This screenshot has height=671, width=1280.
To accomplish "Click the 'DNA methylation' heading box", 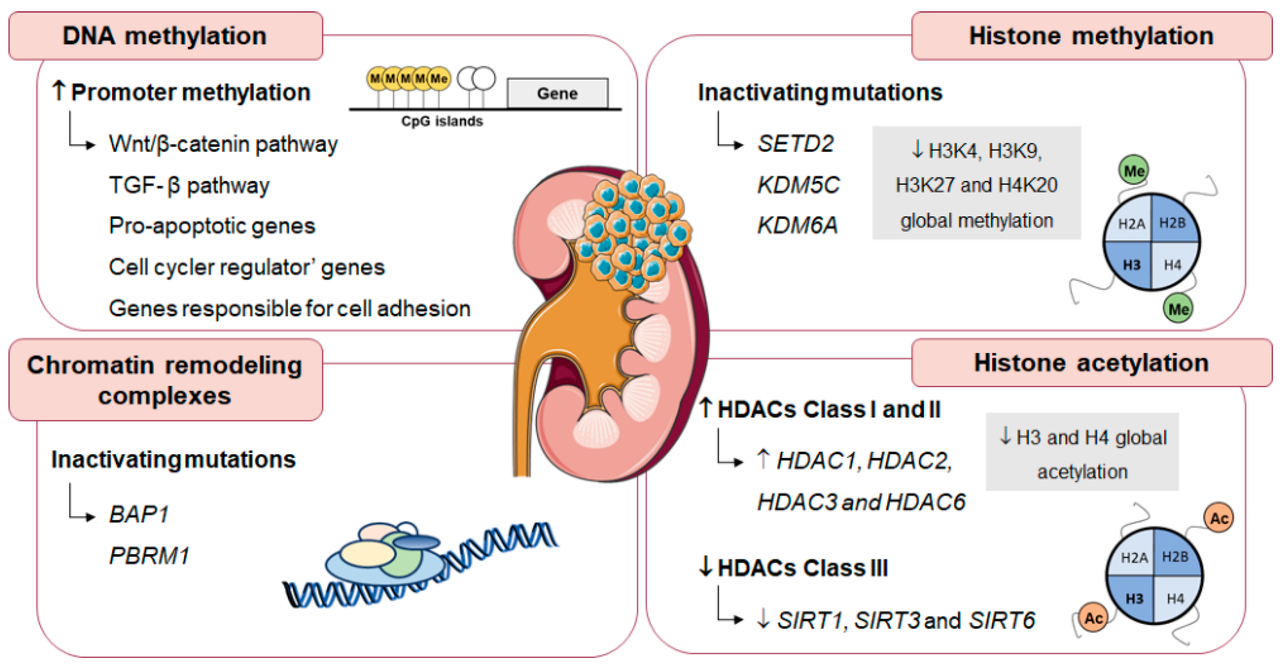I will [165, 36].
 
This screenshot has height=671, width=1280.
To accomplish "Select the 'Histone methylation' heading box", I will [1091, 36].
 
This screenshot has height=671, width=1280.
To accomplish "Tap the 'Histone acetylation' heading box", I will [1091, 362].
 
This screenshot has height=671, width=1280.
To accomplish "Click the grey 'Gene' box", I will [557, 93].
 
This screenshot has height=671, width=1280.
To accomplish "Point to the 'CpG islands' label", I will [442, 121].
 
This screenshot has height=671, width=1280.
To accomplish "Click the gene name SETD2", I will [795, 144].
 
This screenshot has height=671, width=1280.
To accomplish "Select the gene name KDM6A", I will [797, 225].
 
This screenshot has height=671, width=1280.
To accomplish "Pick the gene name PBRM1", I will [149, 555].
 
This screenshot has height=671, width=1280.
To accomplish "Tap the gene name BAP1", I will [139, 514].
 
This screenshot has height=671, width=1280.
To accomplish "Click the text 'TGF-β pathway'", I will [189, 185].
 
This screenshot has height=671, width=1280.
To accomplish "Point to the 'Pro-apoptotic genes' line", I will [212, 226].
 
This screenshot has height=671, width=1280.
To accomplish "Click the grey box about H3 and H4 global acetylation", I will [1082, 452].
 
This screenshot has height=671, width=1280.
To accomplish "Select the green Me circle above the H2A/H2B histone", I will [1133, 170].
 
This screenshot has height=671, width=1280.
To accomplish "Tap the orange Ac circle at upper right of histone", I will [1218, 518].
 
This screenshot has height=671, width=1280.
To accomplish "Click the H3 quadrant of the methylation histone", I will [1131, 265].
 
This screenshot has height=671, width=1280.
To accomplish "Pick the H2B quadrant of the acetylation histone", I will [1175, 556].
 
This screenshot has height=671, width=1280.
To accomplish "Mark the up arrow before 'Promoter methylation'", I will [58, 91].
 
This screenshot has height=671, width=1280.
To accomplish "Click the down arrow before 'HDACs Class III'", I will [706, 567].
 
